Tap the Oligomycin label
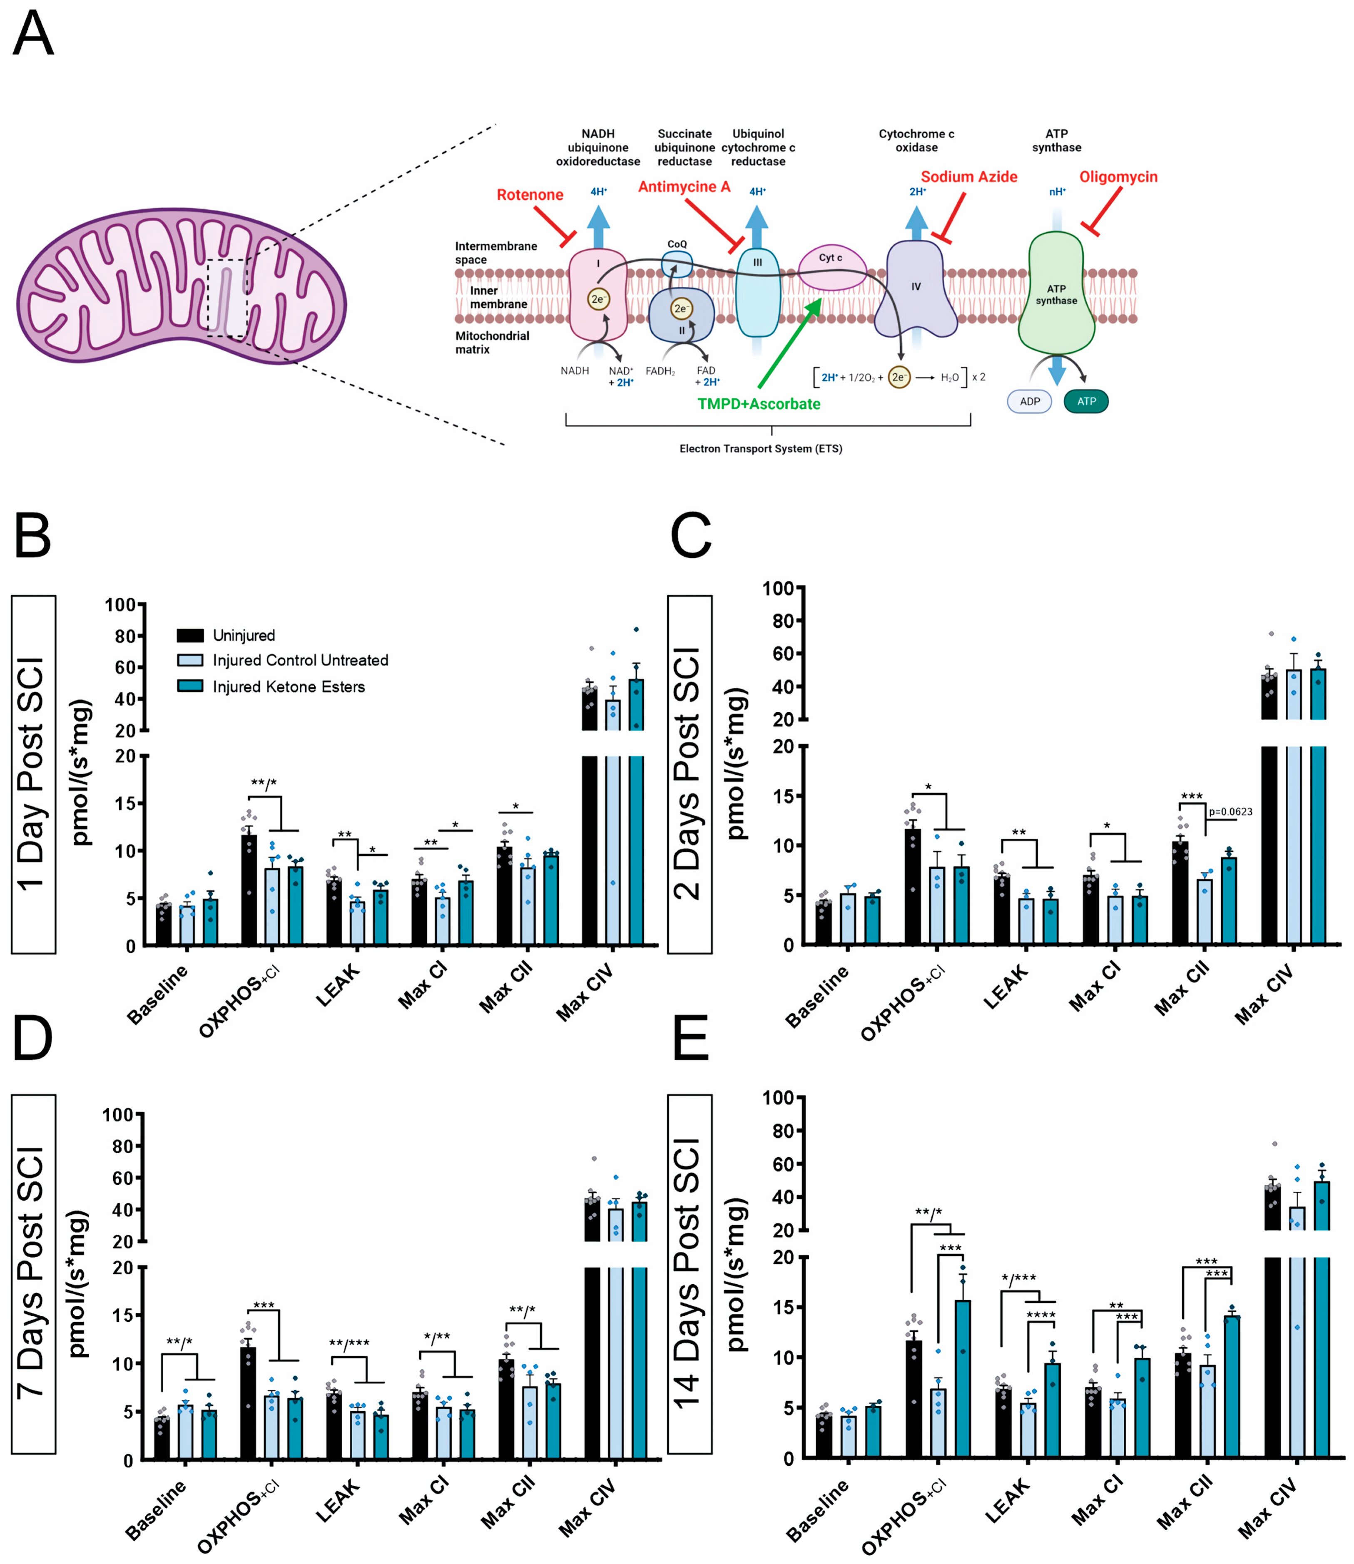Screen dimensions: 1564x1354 (x=1118, y=177)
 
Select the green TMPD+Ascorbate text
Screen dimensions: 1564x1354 (x=759, y=403)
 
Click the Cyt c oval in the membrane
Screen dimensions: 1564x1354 (x=831, y=267)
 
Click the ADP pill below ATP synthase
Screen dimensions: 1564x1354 (x=1029, y=401)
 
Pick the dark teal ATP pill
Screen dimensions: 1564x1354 (x=1086, y=401)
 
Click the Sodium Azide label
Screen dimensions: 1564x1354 (x=968, y=177)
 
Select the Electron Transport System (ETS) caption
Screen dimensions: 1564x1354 (x=760, y=449)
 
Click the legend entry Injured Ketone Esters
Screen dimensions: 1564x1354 (x=289, y=687)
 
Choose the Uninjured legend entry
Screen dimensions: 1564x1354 (x=243, y=635)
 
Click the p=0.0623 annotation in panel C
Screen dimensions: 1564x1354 (x=1230, y=812)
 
